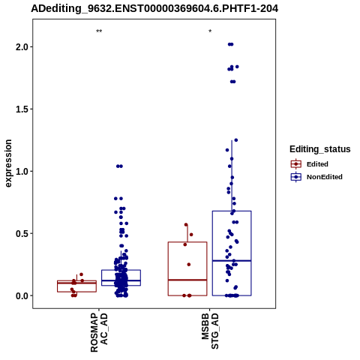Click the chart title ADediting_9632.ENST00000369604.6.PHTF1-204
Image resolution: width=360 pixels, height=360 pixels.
point(154,9)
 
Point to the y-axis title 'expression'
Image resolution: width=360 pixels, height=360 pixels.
point(8,163)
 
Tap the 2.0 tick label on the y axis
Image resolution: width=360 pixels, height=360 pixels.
point(21,47)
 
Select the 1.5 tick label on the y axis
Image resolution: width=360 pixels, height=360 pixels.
point(21,109)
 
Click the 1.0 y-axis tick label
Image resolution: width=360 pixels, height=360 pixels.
point(21,172)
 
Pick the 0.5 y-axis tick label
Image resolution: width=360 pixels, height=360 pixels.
point(21,233)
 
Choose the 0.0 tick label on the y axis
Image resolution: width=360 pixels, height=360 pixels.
point(21,295)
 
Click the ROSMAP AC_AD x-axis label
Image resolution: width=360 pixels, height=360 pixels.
point(99,332)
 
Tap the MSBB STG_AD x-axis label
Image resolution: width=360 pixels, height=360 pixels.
point(210,331)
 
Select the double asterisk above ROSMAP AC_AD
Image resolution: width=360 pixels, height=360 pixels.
point(99,31)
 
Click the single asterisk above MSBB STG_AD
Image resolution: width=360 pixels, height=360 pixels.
point(210,31)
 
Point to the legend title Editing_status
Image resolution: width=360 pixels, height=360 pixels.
point(320,149)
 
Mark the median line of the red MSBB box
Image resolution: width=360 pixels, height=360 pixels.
point(187,280)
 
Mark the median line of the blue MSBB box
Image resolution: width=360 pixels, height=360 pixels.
point(232,261)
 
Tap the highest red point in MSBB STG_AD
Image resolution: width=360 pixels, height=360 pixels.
point(186,225)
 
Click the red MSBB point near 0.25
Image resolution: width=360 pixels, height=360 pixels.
point(189,265)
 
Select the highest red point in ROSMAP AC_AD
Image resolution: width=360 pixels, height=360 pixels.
point(81,274)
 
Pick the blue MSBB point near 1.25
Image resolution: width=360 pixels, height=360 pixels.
point(236,140)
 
